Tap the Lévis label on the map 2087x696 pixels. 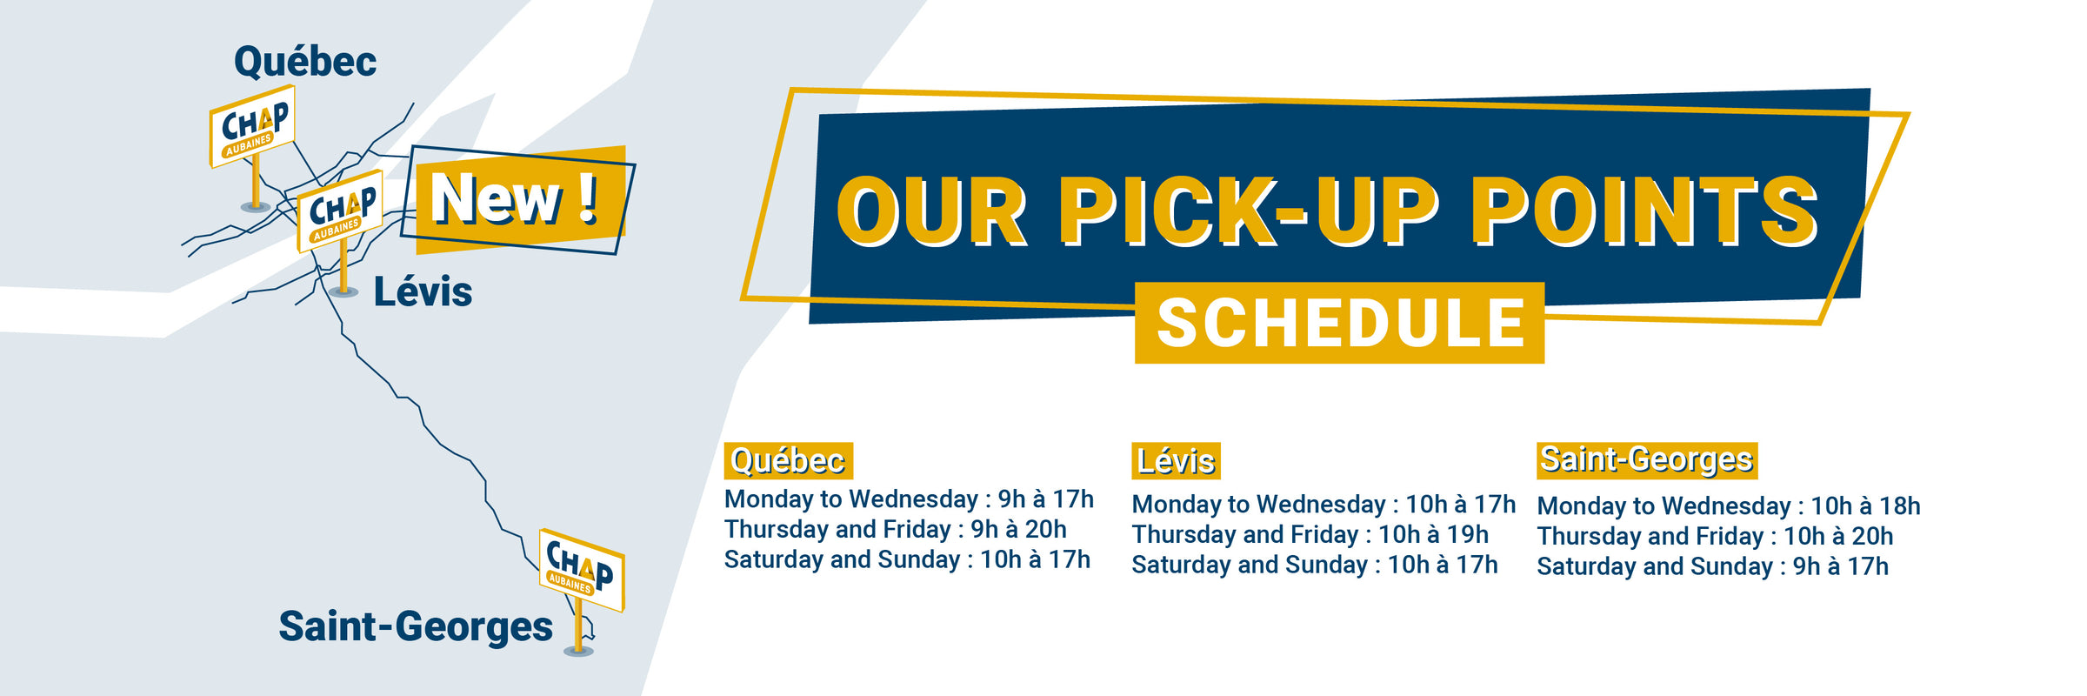pos(423,291)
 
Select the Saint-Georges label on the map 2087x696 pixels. pos(416,626)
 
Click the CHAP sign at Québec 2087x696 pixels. pos(252,126)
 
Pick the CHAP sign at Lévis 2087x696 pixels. pos(340,211)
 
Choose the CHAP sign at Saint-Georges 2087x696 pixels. pos(582,570)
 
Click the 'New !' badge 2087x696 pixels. pos(518,200)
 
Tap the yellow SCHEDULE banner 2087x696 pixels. pos(1339,323)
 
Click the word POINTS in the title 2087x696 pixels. pos(1644,211)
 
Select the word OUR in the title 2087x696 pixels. pos(932,211)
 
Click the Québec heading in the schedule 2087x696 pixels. pos(788,460)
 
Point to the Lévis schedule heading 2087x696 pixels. pos(1176,461)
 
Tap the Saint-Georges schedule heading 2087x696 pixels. pos(1647,460)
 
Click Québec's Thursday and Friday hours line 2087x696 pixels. pos(896,529)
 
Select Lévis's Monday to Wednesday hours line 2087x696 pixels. pos(1324,504)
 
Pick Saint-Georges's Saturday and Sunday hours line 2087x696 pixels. pos(1712,566)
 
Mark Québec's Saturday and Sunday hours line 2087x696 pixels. pos(907,559)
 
